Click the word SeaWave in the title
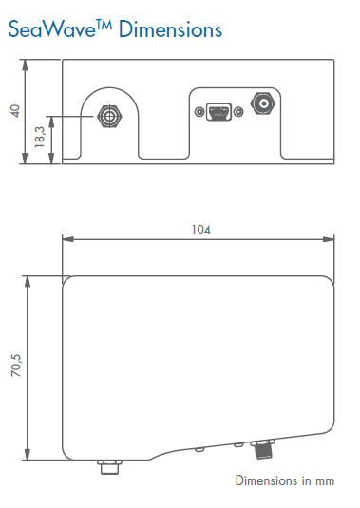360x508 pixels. (x=52, y=29)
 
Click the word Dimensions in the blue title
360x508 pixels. (x=170, y=29)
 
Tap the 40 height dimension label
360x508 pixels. (x=15, y=111)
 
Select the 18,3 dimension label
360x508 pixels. (x=40, y=137)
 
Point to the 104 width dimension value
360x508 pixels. (x=201, y=230)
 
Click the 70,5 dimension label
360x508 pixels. (x=16, y=366)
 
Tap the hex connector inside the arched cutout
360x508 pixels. (x=110, y=116)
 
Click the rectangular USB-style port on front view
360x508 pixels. (x=219, y=112)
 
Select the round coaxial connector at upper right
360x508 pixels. (x=263, y=103)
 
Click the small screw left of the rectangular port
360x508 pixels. (x=199, y=112)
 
